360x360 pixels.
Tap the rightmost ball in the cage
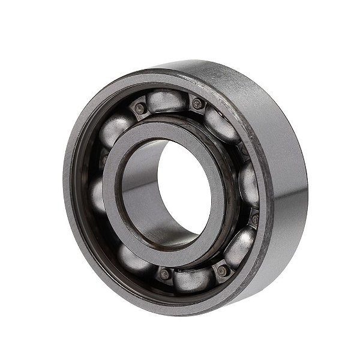(x=249, y=184)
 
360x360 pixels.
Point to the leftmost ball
(x=98, y=193)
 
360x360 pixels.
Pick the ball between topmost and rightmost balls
(x=222, y=125)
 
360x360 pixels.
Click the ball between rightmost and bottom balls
(x=240, y=246)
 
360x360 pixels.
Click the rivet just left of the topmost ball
(x=140, y=108)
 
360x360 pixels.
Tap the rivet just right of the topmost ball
(x=197, y=104)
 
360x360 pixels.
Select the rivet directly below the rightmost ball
(x=255, y=219)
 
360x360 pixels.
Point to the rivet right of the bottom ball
(x=222, y=271)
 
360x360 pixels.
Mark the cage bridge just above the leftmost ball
(x=104, y=159)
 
